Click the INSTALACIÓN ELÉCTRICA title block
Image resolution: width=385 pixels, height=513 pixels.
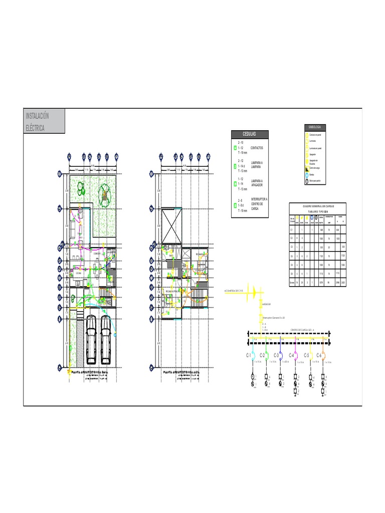pyautogui.click(x=44, y=121)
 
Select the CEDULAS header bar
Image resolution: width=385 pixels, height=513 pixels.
pyautogui.click(x=250, y=134)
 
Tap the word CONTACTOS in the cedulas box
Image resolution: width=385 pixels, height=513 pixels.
pyautogui.click(x=257, y=148)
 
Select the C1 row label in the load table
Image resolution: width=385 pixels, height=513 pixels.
pyautogui.click(x=292, y=229)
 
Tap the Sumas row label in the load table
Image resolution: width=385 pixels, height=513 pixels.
pyautogui.click(x=292, y=283)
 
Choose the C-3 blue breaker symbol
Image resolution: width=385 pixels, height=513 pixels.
pyautogui.click(x=281, y=355)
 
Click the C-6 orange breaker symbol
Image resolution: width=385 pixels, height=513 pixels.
pyautogui.click(x=324, y=355)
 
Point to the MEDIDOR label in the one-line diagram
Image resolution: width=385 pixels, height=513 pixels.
pyautogui.click(x=266, y=304)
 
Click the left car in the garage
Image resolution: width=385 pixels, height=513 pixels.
pyautogui.click(x=91, y=339)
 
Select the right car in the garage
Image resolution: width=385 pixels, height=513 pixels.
pyautogui.click(x=106, y=338)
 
